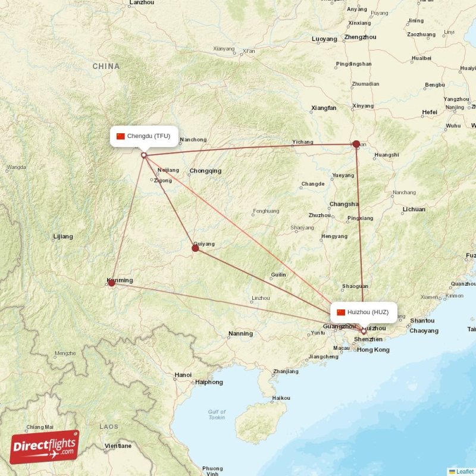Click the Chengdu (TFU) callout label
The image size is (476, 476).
[143, 136]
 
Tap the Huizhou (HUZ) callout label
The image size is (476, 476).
[364, 312]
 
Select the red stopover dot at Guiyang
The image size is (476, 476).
[195, 248]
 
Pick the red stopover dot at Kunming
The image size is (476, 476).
[111, 283]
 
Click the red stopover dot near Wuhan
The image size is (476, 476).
[356, 144]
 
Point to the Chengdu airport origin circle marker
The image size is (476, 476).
[143, 155]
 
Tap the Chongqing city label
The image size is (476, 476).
[205, 171]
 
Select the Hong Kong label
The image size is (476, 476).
[373, 350]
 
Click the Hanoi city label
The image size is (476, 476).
[183, 375]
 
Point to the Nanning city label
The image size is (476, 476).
[240, 334]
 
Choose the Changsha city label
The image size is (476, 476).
[345, 203]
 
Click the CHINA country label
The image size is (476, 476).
[106, 67]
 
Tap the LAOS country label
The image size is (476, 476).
[108, 427]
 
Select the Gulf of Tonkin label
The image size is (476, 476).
[217, 415]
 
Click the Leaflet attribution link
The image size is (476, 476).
[465, 471]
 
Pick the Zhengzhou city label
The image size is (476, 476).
[360, 37]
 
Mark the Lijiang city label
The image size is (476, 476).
[62, 237]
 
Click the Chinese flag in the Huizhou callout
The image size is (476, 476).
[341, 312]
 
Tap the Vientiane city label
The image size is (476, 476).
[117, 446]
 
